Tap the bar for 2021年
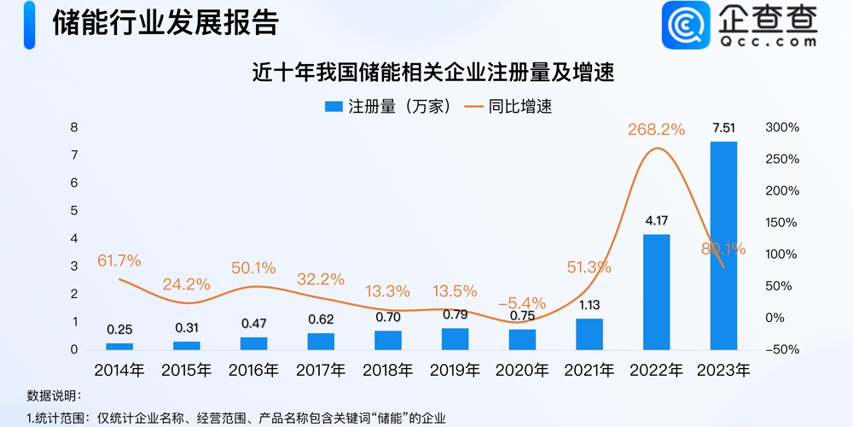tap(589, 334)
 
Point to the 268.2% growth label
tap(656, 130)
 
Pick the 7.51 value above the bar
tap(723, 129)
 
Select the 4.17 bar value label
tap(656, 221)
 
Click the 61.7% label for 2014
tap(119, 260)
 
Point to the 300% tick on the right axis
tap(781, 127)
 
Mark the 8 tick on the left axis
tap(74, 127)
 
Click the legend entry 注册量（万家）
tap(388, 107)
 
